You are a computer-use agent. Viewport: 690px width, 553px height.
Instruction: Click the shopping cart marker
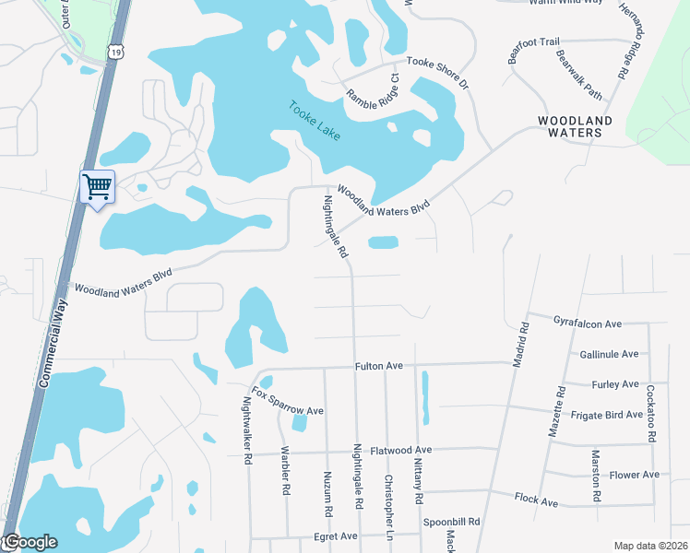[97, 187]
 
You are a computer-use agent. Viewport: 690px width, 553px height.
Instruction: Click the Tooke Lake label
[315, 121]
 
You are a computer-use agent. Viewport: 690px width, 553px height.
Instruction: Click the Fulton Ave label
[379, 366]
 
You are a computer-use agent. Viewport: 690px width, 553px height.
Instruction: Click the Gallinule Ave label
[609, 354]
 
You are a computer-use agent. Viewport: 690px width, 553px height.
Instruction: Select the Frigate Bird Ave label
[606, 415]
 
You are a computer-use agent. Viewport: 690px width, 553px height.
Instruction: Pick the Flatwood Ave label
[400, 451]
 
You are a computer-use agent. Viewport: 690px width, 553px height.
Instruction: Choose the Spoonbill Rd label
[452, 522]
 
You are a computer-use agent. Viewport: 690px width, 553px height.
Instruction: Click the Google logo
[30, 543]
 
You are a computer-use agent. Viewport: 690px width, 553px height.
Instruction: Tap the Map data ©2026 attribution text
[649, 546]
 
